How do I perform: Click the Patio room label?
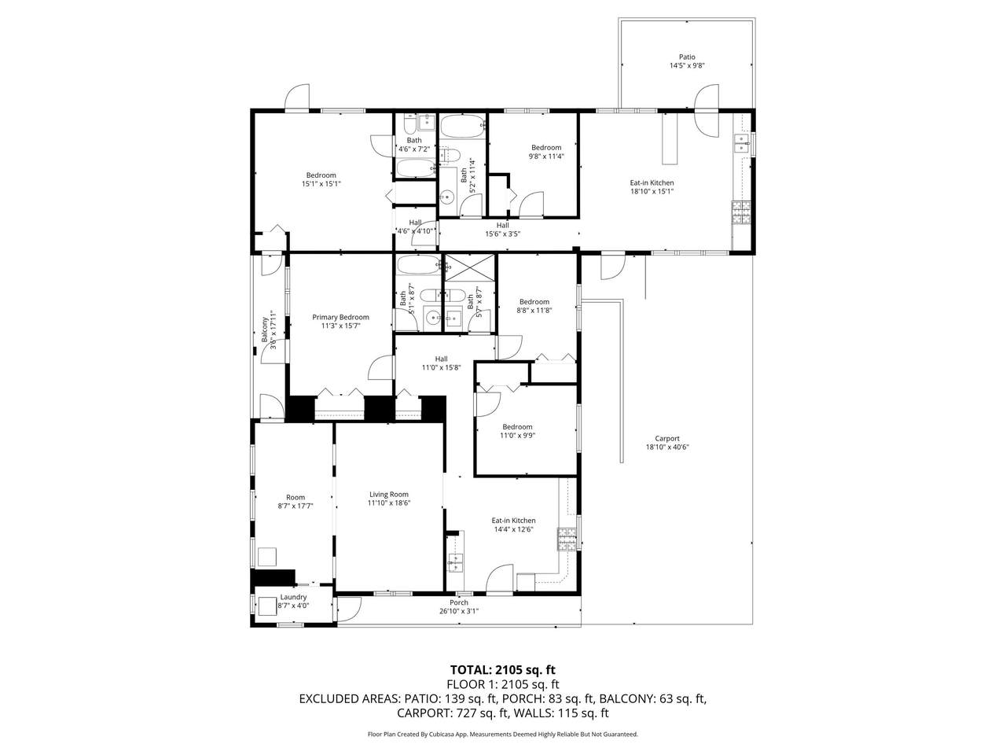click(687, 57)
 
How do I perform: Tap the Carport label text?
click(666, 438)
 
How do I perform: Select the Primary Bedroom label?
click(340, 317)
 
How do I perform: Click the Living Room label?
click(389, 494)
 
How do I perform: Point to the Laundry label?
click(293, 597)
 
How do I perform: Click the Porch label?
click(459, 602)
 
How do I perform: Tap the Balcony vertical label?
click(265, 330)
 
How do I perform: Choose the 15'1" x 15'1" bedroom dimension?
click(321, 184)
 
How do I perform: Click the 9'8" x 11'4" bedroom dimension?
click(546, 156)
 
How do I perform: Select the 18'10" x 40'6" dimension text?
click(667, 447)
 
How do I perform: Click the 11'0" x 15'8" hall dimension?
click(442, 367)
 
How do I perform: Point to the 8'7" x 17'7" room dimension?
click(296, 506)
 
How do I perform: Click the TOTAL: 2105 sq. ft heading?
click(503, 670)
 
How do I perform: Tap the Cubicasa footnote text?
click(503, 734)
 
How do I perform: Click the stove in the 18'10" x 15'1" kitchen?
click(741, 212)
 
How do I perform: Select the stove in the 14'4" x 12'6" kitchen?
click(567, 539)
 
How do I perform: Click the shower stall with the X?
click(470, 267)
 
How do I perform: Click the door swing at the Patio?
click(707, 110)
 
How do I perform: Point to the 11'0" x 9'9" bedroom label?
click(517, 431)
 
